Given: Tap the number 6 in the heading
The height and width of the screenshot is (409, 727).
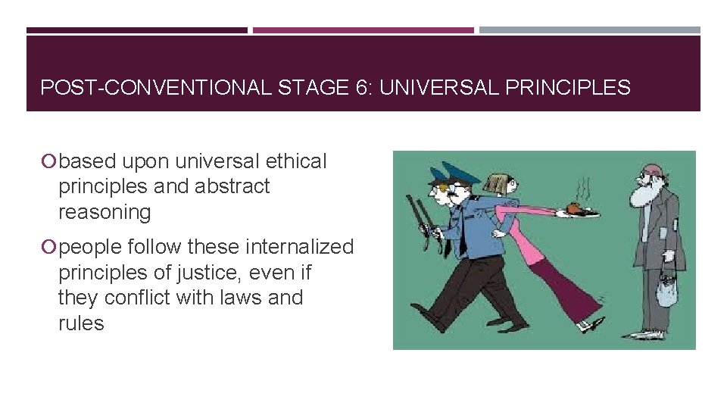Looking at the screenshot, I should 359,88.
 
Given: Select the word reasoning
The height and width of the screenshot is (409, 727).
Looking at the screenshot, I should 105,212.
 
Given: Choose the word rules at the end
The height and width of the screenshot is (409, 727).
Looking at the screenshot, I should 81,323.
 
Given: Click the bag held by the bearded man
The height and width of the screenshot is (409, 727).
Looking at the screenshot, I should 666,291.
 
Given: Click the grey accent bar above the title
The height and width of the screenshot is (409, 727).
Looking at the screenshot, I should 589,30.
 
